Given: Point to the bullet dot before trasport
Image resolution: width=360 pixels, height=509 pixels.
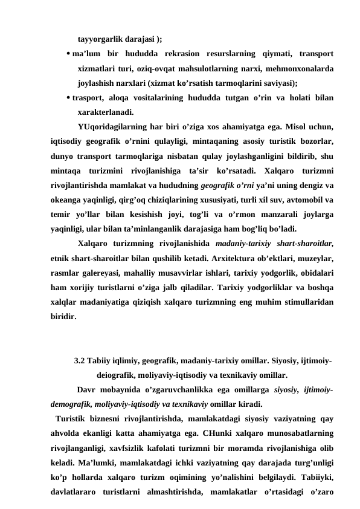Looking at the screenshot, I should point(67,97).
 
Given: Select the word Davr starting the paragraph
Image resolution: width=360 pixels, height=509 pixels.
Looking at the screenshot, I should point(88,390).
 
